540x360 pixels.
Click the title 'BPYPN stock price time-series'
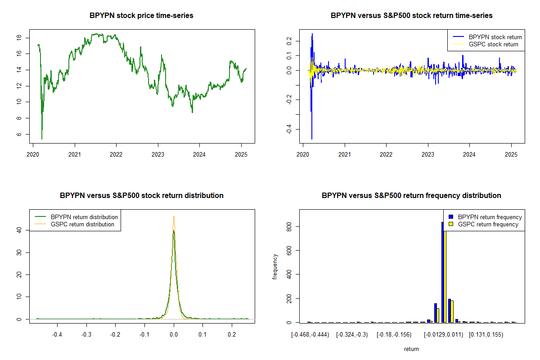(x=141, y=16)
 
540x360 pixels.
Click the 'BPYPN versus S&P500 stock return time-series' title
(x=411, y=16)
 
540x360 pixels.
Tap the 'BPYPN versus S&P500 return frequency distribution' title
(x=411, y=196)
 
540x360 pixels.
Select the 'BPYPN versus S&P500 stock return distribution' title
(x=141, y=196)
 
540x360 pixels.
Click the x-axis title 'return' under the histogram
(x=411, y=349)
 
